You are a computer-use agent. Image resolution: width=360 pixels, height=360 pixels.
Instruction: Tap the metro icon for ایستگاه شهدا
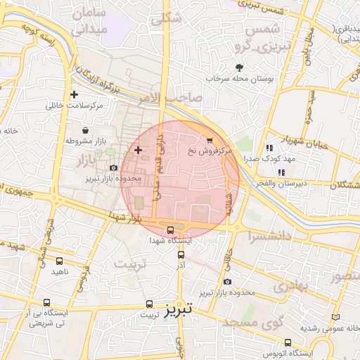(x=172, y=229)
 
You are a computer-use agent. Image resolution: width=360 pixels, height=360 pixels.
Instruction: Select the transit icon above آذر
(x=181, y=255)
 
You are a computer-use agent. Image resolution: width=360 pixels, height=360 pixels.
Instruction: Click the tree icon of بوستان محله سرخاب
(x=239, y=67)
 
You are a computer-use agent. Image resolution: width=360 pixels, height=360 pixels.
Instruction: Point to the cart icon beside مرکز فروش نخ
(x=209, y=140)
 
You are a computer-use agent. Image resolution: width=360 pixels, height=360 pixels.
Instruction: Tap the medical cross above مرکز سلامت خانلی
(x=75, y=94)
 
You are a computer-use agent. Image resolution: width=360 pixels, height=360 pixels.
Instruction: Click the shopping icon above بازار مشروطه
(x=86, y=131)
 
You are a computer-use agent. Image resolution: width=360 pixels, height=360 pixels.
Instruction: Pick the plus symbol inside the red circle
(x=138, y=150)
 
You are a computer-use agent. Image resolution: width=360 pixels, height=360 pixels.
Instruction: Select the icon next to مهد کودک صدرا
(x=269, y=148)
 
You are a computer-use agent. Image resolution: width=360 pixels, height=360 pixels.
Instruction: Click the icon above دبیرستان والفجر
(x=281, y=172)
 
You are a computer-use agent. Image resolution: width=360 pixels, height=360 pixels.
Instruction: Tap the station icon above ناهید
(x=59, y=259)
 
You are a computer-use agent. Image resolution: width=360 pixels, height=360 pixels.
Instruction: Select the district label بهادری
(x=290, y=286)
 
